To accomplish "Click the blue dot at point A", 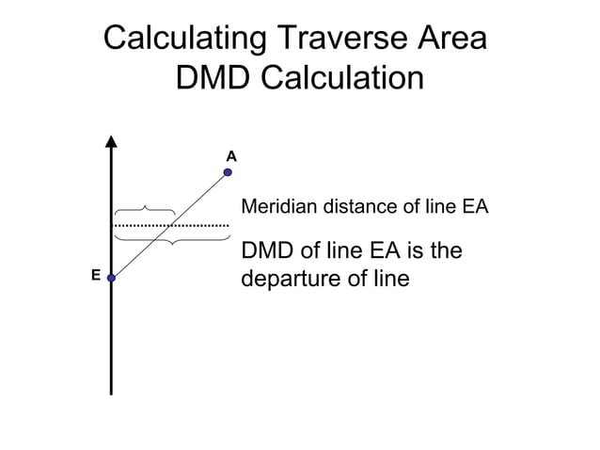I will pos(228,172).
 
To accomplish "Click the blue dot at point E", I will pos(111,278).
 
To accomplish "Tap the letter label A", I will pos(230,153).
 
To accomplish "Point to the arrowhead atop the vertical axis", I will pos(111,142).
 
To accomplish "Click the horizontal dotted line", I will pos(171,226).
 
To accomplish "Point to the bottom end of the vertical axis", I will pos(111,393).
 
